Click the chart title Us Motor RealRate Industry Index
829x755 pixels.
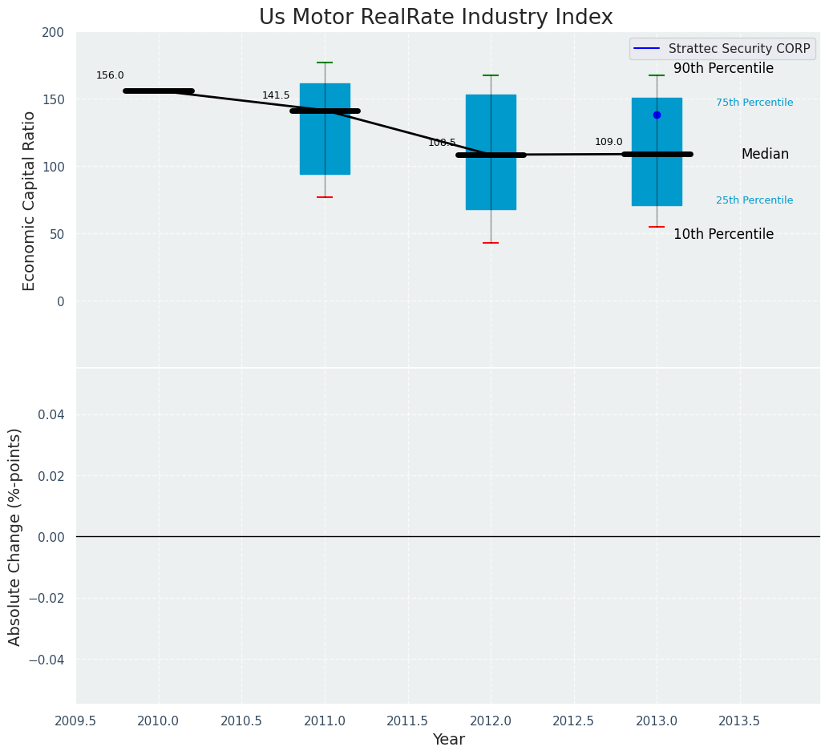(x=435, y=18)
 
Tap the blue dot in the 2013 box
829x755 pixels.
(x=657, y=115)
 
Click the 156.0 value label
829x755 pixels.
(x=110, y=75)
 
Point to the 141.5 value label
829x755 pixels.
(x=276, y=95)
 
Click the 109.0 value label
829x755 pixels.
(x=609, y=142)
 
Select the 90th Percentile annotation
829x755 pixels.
(x=723, y=69)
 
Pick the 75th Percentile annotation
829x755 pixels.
(x=754, y=103)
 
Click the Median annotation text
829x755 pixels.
(x=765, y=155)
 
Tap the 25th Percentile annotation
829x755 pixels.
(x=754, y=200)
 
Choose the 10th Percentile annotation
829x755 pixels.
(x=723, y=235)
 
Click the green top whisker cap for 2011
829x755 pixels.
(x=325, y=63)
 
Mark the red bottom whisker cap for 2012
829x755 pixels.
(x=491, y=243)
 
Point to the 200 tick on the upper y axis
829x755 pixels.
(x=53, y=32)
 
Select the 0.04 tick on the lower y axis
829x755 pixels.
(x=50, y=414)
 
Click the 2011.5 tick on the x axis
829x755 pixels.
(x=407, y=721)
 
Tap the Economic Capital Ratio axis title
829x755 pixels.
(x=30, y=200)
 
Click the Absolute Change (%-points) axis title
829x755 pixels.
(x=15, y=536)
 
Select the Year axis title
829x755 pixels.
(x=448, y=740)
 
